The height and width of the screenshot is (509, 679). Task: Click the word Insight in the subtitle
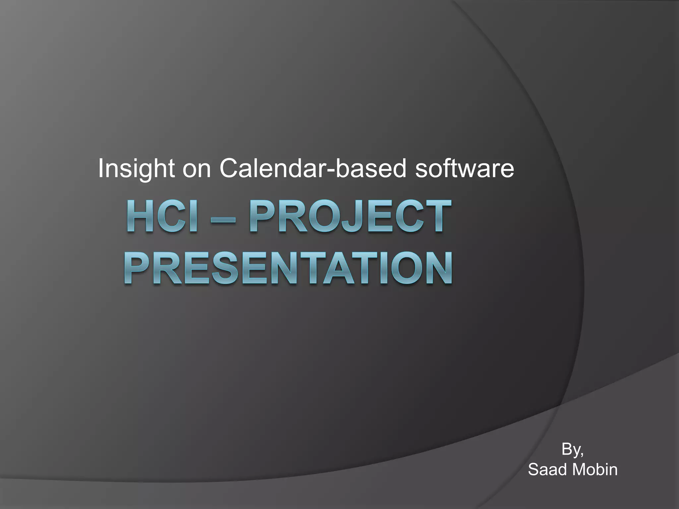tap(136, 168)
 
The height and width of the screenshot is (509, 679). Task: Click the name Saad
tap(548, 470)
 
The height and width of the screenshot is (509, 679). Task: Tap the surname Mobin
tap(595, 470)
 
